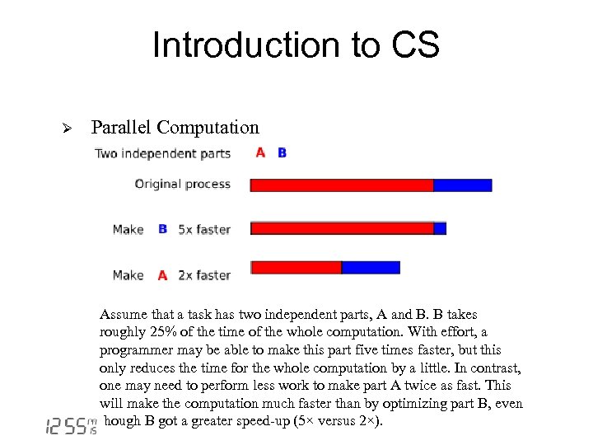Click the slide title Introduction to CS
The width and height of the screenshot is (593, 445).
coord(296,45)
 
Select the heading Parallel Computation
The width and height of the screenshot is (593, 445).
coord(175,128)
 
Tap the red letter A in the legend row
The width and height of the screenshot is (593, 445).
coord(260,152)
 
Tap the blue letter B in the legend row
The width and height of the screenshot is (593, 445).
coord(282,152)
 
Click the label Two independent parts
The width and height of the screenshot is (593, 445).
coord(162,153)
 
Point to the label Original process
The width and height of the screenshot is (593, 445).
coord(182,184)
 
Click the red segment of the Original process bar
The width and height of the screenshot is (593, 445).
coord(342,185)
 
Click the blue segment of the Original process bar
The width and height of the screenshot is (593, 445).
coord(462,185)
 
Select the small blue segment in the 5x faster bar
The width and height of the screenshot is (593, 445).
coord(440,228)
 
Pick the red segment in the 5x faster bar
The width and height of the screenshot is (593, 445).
coord(342,228)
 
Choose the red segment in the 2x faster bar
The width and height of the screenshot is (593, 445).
coord(296,267)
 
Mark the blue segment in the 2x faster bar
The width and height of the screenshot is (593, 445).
coord(371,267)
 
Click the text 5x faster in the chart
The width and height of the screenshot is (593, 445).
coord(204,229)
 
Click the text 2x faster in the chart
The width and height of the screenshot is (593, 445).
coord(204,275)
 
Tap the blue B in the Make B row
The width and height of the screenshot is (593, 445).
coord(162,229)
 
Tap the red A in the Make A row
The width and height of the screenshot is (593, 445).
coord(162,275)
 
